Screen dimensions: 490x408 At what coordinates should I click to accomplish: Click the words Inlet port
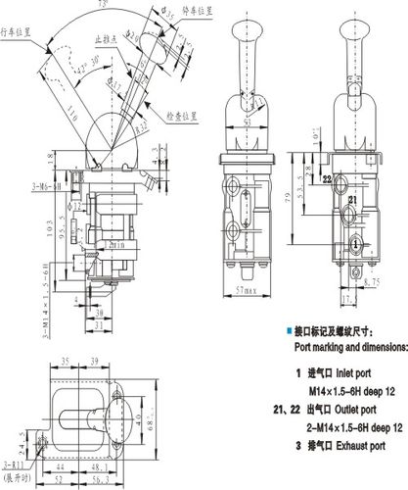click(356, 373)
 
